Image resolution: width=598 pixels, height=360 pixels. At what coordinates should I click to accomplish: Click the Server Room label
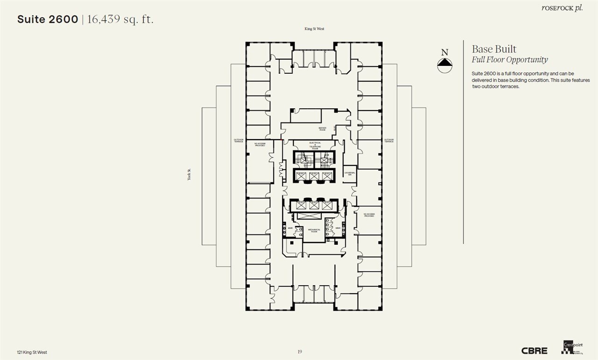tap(322, 129)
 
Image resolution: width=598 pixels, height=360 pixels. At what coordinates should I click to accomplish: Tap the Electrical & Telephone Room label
tap(314, 145)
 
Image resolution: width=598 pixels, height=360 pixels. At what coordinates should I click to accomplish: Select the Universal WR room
tap(350, 173)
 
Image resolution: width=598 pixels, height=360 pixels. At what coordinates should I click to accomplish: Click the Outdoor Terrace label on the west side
tap(239, 140)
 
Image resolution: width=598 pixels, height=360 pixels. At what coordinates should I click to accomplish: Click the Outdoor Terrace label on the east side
tap(389, 140)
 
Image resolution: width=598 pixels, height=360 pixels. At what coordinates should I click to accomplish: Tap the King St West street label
tap(314, 29)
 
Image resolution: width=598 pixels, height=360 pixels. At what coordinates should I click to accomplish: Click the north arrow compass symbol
tap(445, 63)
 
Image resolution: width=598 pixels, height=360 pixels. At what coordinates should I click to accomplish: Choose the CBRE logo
tap(534, 351)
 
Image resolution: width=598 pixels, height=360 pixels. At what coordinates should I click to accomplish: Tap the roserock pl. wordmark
tap(562, 8)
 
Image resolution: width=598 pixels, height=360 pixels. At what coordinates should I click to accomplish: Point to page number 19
tap(299, 352)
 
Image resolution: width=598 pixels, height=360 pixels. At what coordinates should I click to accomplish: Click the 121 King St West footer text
tap(32, 353)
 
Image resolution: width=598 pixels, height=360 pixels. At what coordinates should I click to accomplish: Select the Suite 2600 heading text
tap(48, 20)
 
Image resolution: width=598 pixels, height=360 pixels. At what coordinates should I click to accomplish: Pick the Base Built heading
tap(494, 49)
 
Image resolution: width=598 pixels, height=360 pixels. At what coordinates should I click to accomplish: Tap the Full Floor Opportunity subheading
tap(509, 60)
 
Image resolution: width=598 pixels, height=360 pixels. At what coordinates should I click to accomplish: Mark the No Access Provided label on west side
tap(260, 145)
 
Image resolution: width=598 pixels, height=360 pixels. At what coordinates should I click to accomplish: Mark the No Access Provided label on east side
tap(369, 215)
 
